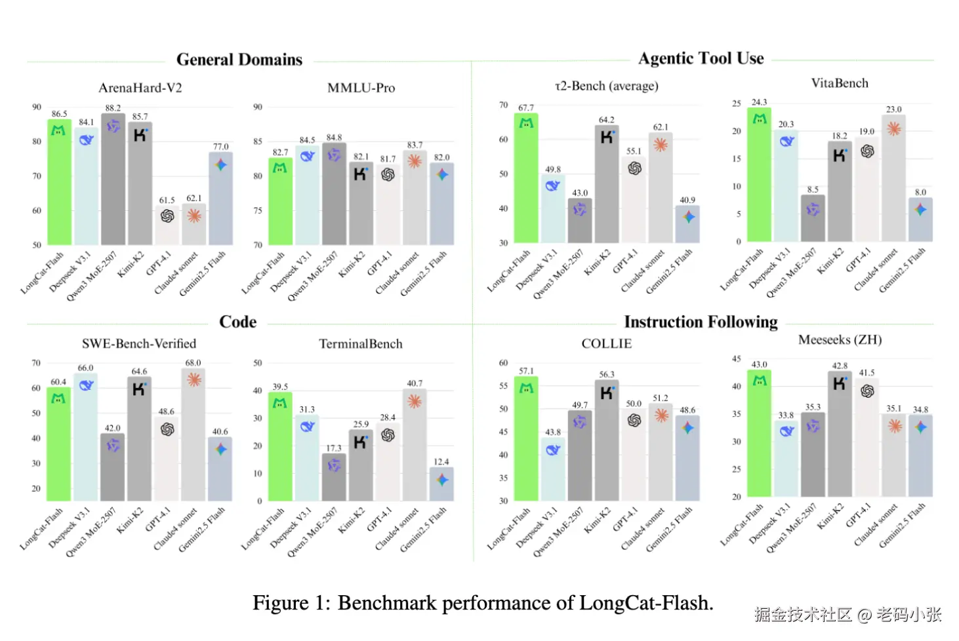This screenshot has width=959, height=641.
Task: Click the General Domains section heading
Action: pyautogui.click(x=239, y=60)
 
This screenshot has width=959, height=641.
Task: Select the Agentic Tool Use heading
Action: pyautogui.click(x=701, y=58)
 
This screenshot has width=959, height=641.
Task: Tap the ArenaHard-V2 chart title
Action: pyautogui.click(x=140, y=88)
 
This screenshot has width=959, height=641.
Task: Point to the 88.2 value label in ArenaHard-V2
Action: pyautogui.click(x=113, y=108)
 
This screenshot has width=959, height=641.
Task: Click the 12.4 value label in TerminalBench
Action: pyautogui.click(x=441, y=461)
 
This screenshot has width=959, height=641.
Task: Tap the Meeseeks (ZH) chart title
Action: pyautogui.click(x=840, y=340)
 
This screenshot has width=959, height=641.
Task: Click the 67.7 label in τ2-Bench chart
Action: pyautogui.click(x=526, y=107)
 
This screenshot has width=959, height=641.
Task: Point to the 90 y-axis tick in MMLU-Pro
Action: pyautogui.click(x=258, y=107)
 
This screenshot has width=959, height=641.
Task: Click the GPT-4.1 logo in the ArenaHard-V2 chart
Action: pyautogui.click(x=167, y=216)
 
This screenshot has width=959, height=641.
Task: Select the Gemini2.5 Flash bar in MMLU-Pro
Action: pyautogui.click(x=441, y=204)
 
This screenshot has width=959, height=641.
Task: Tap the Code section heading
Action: pyautogui.click(x=237, y=322)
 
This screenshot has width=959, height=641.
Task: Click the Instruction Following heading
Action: pyautogui.click(x=701, y=322)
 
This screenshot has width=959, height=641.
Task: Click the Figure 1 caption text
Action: pyautogui.click(x=483, y=603)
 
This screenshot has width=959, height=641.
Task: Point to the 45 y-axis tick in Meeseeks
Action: pyautogui.click(x=737, y=359)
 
